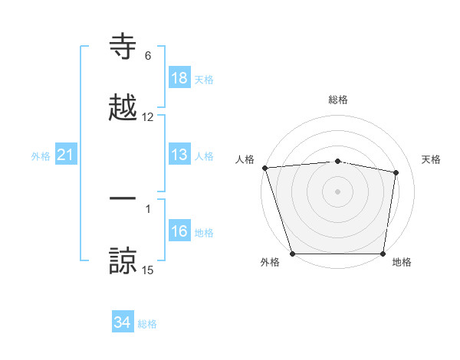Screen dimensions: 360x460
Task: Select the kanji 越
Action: coord(123,108)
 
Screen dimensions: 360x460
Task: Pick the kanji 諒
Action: coord(123,260)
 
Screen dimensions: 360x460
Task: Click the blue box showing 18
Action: coord(179,78)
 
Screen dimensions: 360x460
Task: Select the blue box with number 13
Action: coord(179,155)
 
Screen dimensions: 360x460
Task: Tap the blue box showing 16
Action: coord(179,231)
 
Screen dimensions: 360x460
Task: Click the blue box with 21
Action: coord(66,155)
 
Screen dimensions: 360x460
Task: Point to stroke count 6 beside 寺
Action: coord(148,56)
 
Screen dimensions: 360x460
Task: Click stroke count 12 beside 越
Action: coord(148,117)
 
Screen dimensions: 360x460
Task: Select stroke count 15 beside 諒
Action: coord(148,270)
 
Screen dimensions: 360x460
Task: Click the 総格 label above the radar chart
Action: coord(338,100)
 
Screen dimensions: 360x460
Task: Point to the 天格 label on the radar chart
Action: coord(432,159)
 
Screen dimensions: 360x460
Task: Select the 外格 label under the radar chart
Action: coord(270,263)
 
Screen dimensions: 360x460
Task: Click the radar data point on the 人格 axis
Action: coord(264,168)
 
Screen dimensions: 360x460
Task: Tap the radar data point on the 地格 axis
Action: coord(383,253)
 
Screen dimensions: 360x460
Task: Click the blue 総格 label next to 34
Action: coord(148,324)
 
